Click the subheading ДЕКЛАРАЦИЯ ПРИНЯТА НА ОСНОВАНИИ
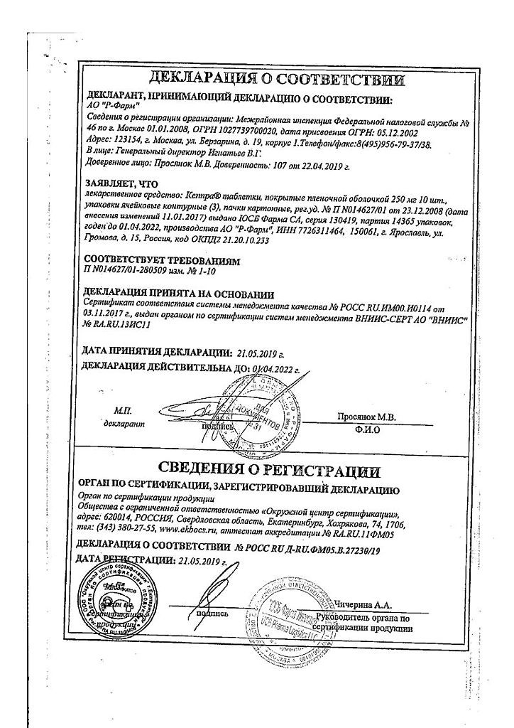[x=178, y=294]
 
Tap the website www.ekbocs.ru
[x=168, y=528]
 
